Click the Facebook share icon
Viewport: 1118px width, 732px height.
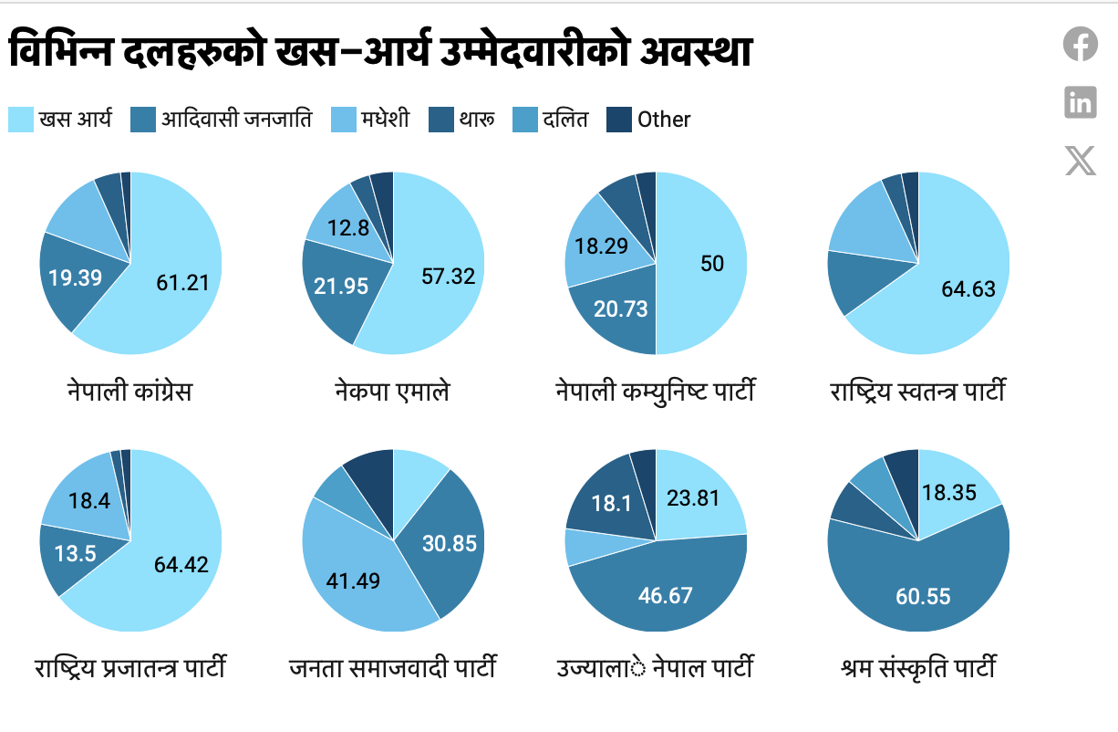[x=1081, y=44]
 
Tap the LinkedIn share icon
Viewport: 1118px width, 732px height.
[x=1081, y=101]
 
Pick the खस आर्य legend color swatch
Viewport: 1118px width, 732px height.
[x=21, y=119]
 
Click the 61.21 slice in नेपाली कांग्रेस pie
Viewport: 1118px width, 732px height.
[x=182, y=282]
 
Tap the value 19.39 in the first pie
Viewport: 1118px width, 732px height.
[x=75, y=277]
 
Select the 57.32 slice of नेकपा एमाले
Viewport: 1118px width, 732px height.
[x=448, y=276]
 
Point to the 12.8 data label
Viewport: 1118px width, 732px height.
[x=349, y=228]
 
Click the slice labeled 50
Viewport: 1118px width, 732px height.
[x=712, y=264]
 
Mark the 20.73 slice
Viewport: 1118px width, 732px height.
[x=620, y=308]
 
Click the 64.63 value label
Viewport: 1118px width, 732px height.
[x=968, y=290]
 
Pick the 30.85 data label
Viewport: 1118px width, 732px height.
[x=450, y=543]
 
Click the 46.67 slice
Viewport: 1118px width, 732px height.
[x=665, y=596]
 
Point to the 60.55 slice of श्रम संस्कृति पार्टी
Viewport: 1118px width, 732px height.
[x=923, y=596]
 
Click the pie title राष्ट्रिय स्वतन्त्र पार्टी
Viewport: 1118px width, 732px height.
[x=917, y=392]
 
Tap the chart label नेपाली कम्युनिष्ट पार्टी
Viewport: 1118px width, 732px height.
[x=656, y=392]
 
